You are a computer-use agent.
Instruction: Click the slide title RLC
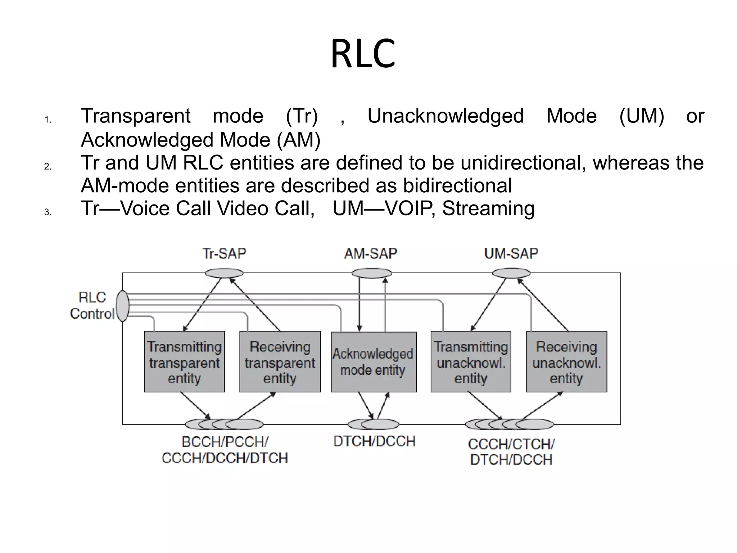pyautogui.click(x=363, y=54)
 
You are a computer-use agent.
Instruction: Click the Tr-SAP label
pyautogui.click(x=224, y=253)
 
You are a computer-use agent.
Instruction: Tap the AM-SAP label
pyautogui.click(x=371, y=253)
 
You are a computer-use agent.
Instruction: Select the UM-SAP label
pyautogui.click(x=511, y=253)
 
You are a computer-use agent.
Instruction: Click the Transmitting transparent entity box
pyautogui.click(x=184, y=361)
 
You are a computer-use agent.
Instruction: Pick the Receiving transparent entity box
pyautogui.click(x=280, y=361)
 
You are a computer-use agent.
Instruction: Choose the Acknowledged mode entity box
pyautogui.click(x=374, y=361)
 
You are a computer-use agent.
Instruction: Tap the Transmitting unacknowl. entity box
pyautogui.click(x=471, y=361)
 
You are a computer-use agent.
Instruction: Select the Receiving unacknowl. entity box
pyautogui.click(x=566, y=361)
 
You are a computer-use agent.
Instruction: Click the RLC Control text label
pyautogui.click(x=92, y=305)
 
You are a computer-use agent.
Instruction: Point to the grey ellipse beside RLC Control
pyautogui.click(x=123, y=306)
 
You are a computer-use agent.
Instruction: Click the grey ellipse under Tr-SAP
pyautogui.click(x=224, y=273)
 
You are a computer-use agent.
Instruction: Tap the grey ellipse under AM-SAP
pyautogui.click(x=372, y=273)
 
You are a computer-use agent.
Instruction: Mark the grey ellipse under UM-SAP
pyautogui.click(x=511, y=273)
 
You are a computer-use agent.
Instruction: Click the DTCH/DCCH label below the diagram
pyautogui.click(x=374, y=441)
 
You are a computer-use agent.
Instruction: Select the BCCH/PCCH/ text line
pyautogui.click(x=225, y=442)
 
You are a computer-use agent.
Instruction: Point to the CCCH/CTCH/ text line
pyautogui.click(x=511, y=444)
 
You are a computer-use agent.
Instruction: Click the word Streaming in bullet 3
pyautogui.click(x=488, y=208)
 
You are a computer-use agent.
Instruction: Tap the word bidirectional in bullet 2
pyautogui.click(x=457, y=186)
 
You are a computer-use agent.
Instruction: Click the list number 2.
pyautogui.click(x=48, y=166)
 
